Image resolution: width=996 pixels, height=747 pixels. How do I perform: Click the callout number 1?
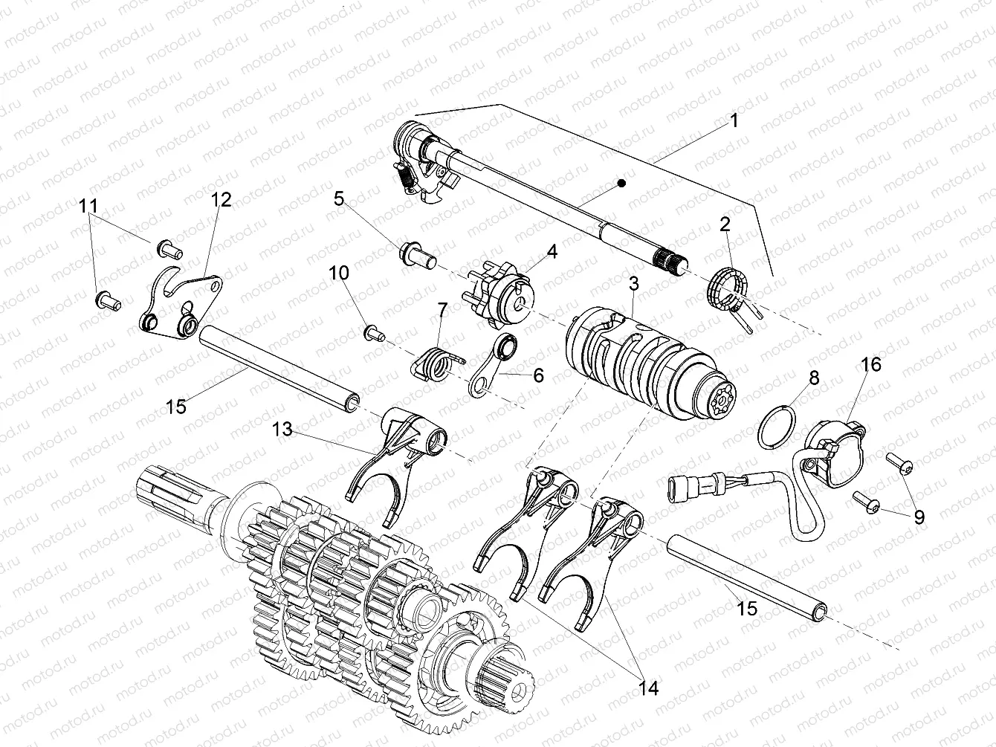click(x=734, y=120)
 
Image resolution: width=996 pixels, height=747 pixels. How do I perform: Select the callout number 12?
click(x=221, y=199)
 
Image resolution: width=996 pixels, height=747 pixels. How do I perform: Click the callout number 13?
click(x=283, y=429)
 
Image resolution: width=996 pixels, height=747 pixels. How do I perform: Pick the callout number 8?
click(x=814, y=378)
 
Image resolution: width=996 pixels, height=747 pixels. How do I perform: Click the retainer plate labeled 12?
click(x=178, y=305)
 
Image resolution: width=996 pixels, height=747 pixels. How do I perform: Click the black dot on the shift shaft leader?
click(x=622, y=182)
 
